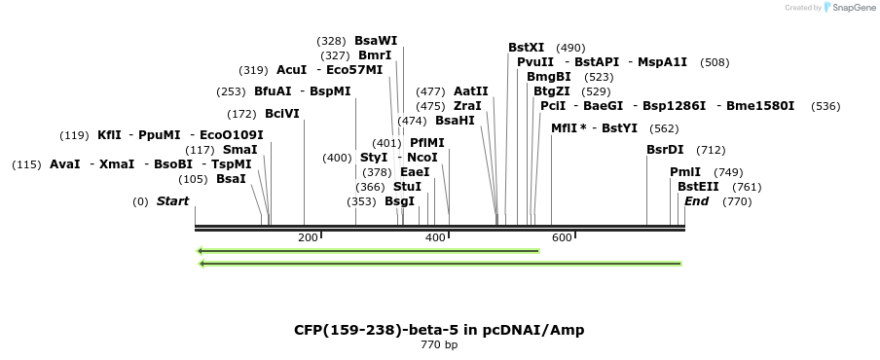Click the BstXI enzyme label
pos(526,48)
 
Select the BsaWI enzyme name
pos(376,41)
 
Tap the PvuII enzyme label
pos(535,62)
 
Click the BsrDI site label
pos(665,150)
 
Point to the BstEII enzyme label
pos(698,187)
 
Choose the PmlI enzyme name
pos(685,172)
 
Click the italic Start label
pos(172,201)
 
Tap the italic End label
pos(696,201)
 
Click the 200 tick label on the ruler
pos(308,238)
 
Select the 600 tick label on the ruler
pos(562,238)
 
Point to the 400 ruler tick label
pos(435,238)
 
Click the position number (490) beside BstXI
pos(570,48)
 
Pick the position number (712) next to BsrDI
pos(711,150)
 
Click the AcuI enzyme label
pos(291,70)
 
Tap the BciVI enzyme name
pos(282,114)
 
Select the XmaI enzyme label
pos(117,164)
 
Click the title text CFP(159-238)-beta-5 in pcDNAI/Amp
pos(439,330)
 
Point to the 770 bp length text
pos(439,344)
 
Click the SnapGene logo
pos(847,8)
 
